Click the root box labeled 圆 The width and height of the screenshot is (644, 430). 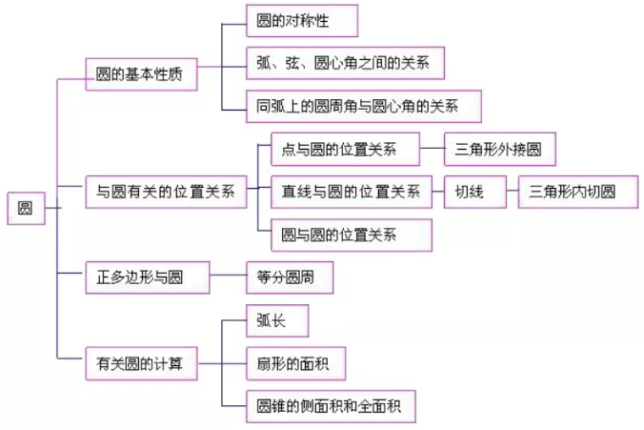[25, 209]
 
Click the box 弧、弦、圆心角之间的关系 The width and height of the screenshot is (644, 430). [344, 64]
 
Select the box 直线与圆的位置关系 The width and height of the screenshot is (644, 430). [352, 192]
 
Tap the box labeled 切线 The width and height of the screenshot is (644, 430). [469, 192]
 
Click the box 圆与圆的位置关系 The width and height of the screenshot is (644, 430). [339, 234]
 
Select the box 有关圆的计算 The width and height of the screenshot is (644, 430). [140, 363]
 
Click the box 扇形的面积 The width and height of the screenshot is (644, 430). [281, 363]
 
